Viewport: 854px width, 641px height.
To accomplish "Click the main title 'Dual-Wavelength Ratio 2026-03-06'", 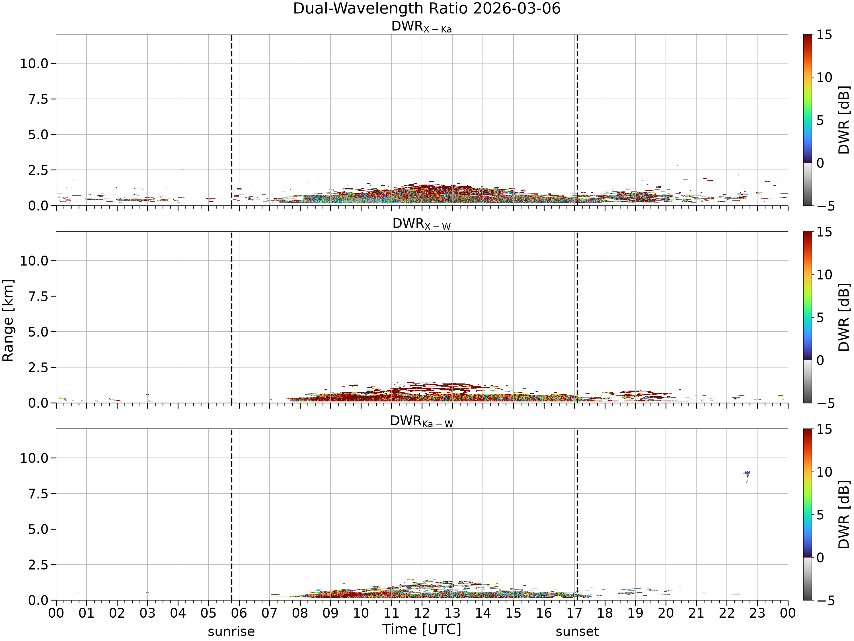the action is click(427, 9).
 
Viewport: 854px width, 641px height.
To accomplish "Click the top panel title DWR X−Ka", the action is click(422, 27).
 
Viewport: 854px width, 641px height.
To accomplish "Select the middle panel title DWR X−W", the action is click(422, 224).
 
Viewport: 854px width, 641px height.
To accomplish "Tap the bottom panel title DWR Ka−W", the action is click(422, 421).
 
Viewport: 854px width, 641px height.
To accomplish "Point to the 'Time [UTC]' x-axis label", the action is click(422, 629).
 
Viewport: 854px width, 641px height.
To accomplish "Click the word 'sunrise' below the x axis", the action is click(231, 631).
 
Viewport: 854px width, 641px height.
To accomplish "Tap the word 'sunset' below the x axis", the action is click(577, 631).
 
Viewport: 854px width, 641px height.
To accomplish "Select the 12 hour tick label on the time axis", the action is click(422, 613).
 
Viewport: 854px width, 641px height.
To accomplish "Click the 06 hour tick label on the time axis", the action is click(239, 613).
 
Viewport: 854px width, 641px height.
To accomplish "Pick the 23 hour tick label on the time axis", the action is click(757, 613).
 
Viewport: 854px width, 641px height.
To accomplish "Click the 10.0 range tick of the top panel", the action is click(34, 63).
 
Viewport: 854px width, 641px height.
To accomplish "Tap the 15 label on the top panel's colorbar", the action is click(824, 35).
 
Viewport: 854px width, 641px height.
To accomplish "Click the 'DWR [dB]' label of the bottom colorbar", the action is click(844, 514).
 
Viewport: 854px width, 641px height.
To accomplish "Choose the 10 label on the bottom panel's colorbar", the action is click(824, 472).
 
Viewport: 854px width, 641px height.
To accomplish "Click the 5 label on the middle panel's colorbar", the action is click(820, 318).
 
